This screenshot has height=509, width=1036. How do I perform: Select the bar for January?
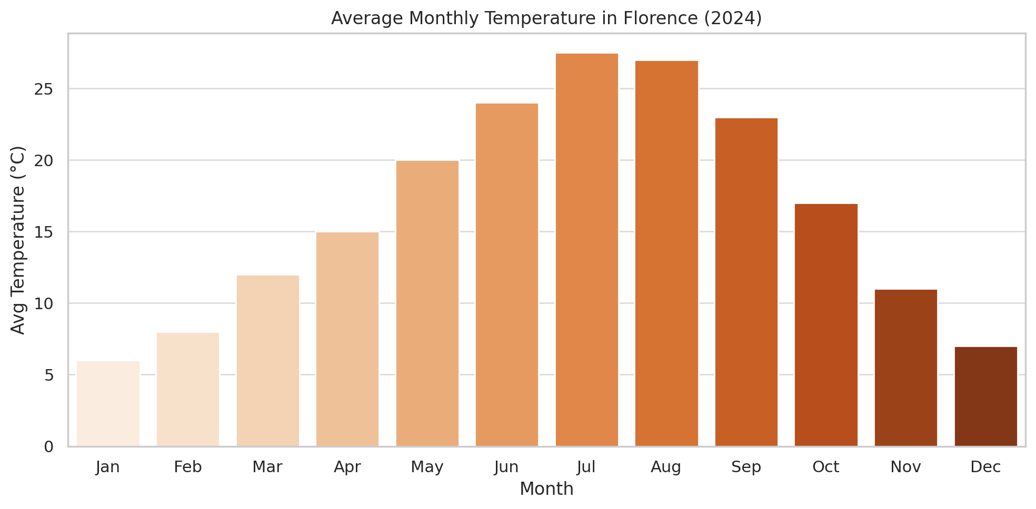tap(108, 404)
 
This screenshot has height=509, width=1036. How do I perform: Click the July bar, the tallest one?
tap(586, 250)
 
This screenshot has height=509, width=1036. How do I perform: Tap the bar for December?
tap(985, 396)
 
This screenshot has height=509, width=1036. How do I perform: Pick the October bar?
tap(826, 325)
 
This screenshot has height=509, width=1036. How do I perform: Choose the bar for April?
tap(347, 339)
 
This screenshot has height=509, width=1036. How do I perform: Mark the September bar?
tap(746, 282)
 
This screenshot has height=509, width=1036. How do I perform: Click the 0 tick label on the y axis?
tap(49, 447)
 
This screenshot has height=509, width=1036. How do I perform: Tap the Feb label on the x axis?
tap(188, 467)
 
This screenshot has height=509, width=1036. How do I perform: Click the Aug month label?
tap(666, 467)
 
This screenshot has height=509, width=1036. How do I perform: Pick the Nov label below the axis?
tap(905, 467)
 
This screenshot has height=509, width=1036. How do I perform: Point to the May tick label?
tap(427, 467)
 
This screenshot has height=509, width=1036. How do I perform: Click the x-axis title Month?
tap(546, 489)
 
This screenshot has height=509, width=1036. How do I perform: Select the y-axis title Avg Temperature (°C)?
tap(18, 240)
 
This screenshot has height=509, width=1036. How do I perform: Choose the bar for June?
tap(507, 275)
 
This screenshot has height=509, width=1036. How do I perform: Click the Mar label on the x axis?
tap(267, 467)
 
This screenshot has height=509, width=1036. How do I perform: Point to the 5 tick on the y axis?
tap(49, 375)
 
